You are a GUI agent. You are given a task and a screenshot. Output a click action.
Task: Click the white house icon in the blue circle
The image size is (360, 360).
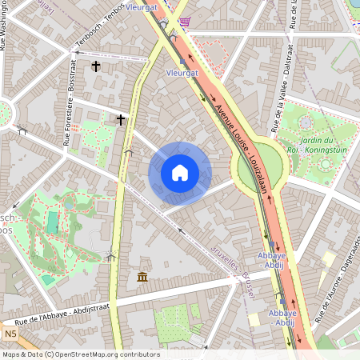tap(180, 173)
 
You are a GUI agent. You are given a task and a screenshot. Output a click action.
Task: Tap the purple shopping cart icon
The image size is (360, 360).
tap(186, 22)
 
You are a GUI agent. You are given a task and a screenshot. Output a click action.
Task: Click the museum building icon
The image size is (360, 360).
tap(142, 277)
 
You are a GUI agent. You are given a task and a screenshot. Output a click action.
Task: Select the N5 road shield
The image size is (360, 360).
tap(10, 334)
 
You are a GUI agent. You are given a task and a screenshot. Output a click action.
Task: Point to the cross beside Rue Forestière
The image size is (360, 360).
tap(96, 66)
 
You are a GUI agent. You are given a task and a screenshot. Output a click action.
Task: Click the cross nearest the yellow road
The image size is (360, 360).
tap(121, 120)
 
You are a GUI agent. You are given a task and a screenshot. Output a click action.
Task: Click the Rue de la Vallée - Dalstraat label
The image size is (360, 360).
tap(284, 96)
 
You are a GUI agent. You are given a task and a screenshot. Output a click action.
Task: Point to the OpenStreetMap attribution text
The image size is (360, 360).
tap(80, 354)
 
